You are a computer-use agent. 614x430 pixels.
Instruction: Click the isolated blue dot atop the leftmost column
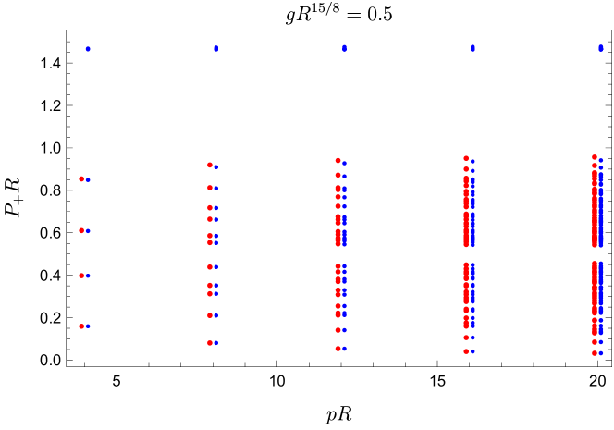pyautogui.click(x=88, y=48)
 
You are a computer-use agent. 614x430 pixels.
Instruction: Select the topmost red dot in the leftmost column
pyautogui.click(x=81, y=178)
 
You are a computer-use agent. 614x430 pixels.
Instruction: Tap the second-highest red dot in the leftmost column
pyautogui.click(x=81, y=230)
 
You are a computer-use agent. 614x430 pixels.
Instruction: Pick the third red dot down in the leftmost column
pyautogui.click(x=81, y=276)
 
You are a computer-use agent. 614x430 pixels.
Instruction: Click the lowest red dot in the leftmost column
pyautogui.click(x=81, y=326)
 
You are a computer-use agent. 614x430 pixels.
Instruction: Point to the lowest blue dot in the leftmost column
pyautogui.click(x=88, y=326)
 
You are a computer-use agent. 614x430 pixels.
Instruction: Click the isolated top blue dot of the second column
pyautogui.click(x=215, y=48)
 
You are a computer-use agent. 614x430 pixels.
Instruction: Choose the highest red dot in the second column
pyautogui.click(x=210, y=165)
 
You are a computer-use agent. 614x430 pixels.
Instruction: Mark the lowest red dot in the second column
pyautogui.click(x=210, y=343)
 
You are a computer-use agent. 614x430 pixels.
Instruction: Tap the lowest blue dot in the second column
pyautogui.click(x=215, y=343)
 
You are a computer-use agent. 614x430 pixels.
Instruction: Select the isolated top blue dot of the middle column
pyautogui.click(x=344, y=48)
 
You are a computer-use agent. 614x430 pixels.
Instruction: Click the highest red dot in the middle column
pyautogui.click(x=338, y=160)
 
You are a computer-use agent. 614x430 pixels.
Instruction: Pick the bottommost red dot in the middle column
pyautogui.click(x=338, y=349)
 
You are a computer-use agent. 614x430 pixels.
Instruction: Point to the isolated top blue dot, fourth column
pyautogui.click(x=473, y=47)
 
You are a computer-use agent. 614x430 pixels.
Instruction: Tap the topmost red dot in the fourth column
pyautogui.click(x=466, y=158)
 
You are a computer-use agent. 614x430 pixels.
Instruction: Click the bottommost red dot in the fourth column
pyautogui.click(x=466, y=351)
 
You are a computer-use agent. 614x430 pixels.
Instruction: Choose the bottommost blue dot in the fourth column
pyautogui.click(x=473, y=351)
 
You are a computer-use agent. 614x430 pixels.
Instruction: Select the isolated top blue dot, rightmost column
pyautogui.click(x=601, y=47)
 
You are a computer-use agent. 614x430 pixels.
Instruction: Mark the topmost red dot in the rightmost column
pyautogui.click(x=595, y=157)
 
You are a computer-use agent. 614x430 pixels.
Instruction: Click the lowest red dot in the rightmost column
pyautogui.click(x=595, y=353)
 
